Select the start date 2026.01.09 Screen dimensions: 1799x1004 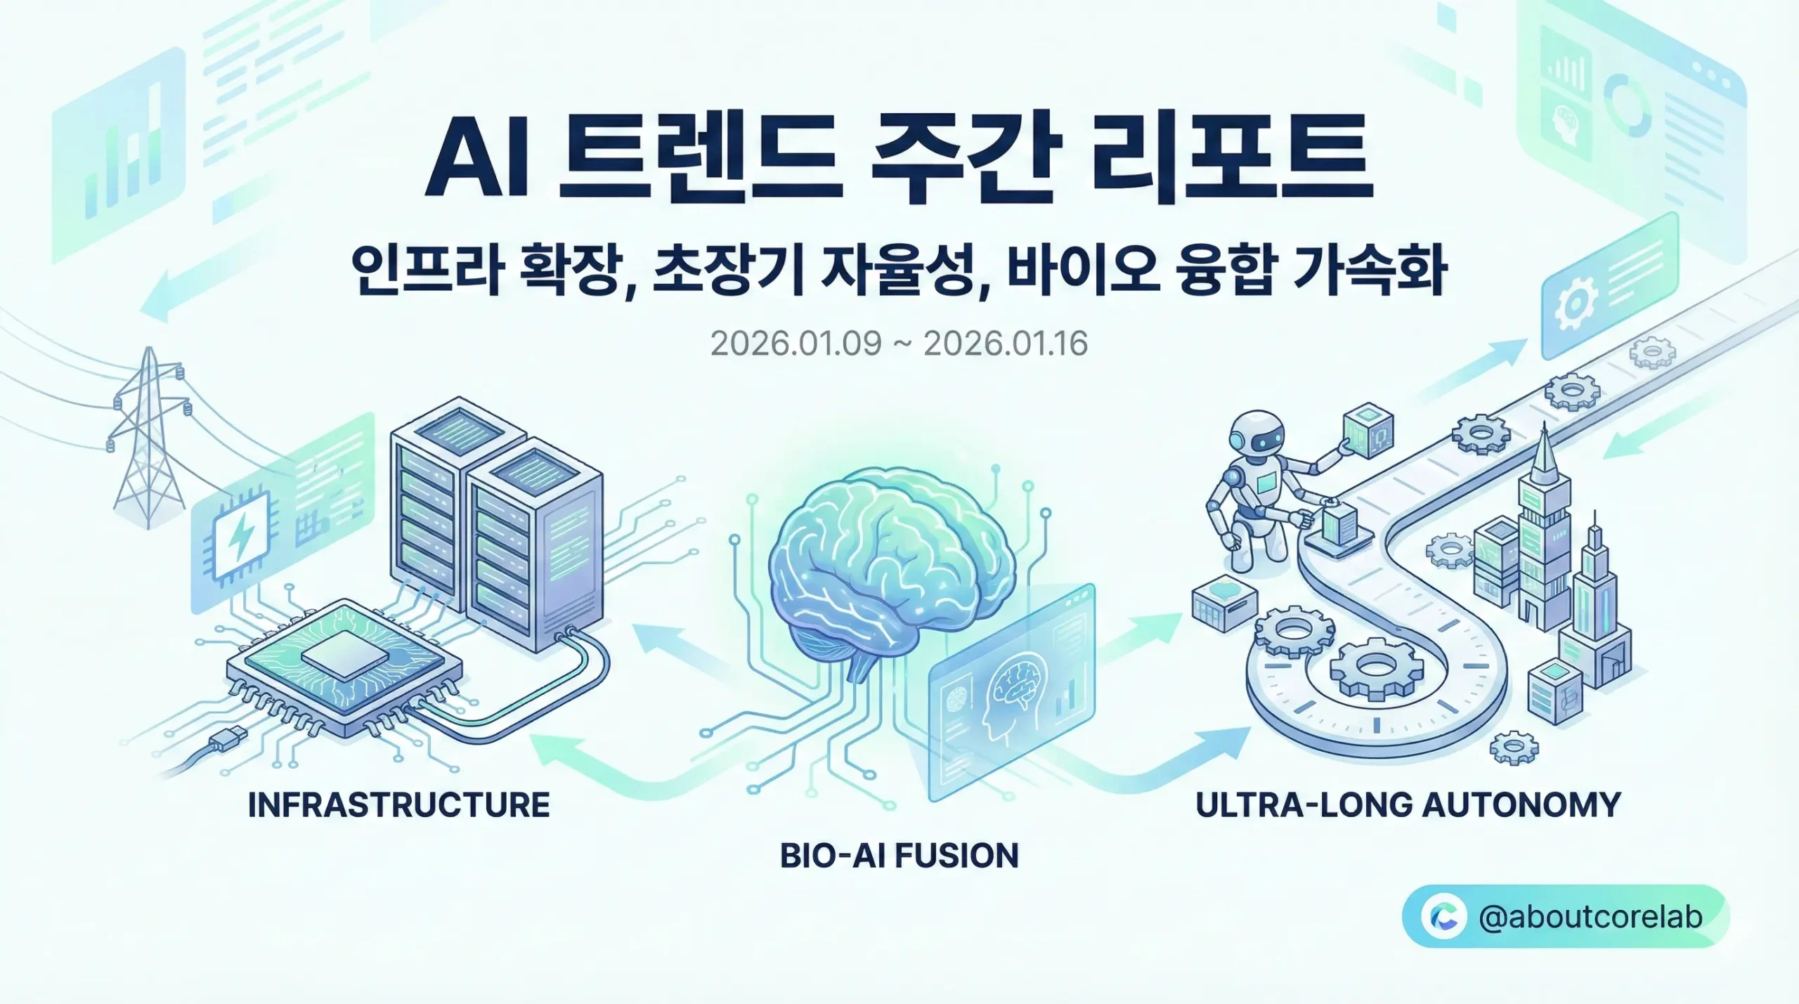coord(795,344)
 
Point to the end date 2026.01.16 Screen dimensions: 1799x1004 coord(1006,344)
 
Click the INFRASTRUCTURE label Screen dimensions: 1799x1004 coord(398,805)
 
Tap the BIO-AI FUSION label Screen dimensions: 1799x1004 coord(899,856)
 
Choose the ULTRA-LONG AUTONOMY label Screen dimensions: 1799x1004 coord(1408,805)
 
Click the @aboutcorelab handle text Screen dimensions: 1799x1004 coord(1591,917)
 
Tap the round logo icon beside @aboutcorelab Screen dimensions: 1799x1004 coord(1443,917)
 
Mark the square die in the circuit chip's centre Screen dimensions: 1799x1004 coord(344,653)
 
